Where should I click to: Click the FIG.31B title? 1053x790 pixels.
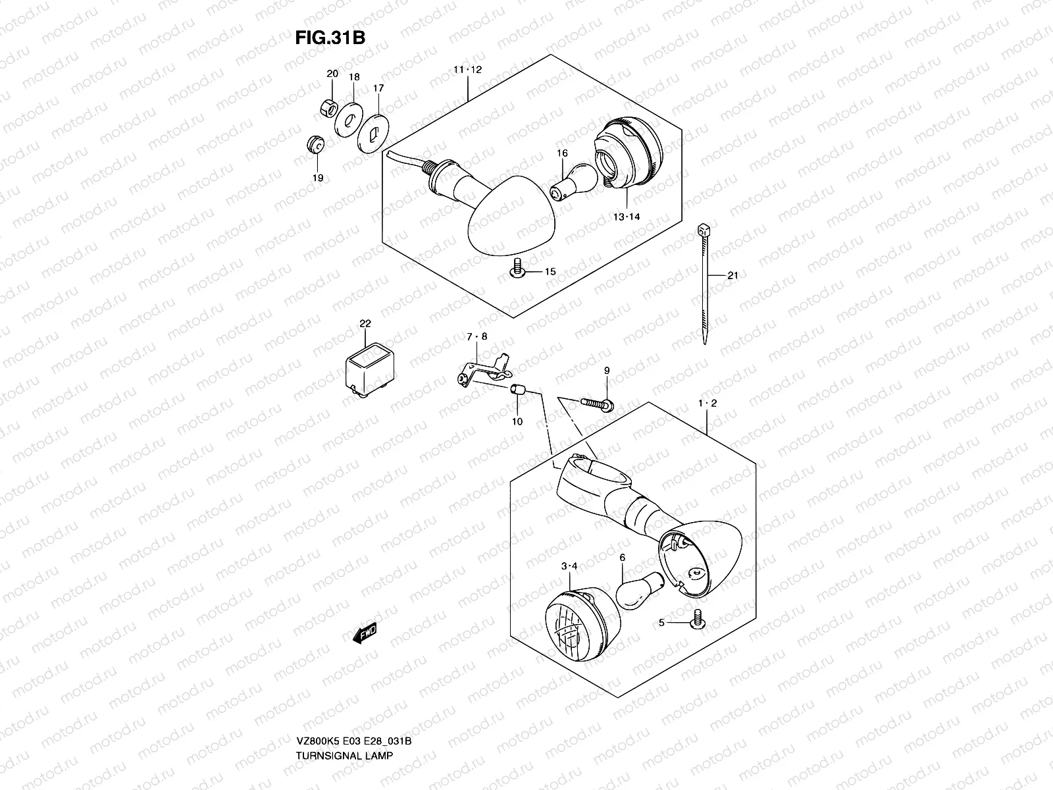[329, 38]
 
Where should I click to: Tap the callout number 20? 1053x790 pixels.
[332, 73]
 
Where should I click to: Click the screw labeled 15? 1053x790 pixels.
[517, 270]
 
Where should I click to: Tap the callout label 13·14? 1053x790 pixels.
[626, 217]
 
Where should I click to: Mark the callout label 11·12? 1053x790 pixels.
[467, 70]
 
